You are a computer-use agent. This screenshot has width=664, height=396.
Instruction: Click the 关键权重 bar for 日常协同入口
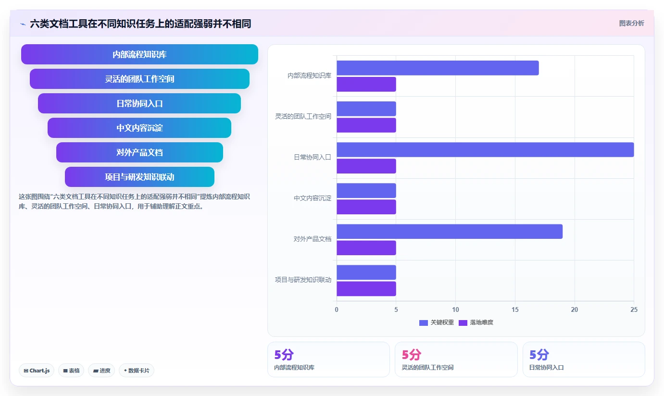tap(485, 149)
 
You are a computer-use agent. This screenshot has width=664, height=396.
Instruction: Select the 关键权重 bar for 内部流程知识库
tap(438, 68)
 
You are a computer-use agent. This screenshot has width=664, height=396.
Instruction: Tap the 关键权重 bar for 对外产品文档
tap(450, 231)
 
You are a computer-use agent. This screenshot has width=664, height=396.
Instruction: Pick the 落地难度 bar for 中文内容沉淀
tap(366, 207)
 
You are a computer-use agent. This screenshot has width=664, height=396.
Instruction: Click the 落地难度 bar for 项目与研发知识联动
tap(366, 289)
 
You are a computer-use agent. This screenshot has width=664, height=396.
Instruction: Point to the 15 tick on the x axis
tap(515, 309)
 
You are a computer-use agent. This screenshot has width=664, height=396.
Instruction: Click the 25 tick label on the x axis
tap(634, 309)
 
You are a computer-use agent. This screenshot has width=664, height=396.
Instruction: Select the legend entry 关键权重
tap(437, 322)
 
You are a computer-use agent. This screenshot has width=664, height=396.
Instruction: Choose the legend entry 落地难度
tap(476, 322)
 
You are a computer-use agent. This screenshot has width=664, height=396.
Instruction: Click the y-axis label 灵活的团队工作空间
tap(303, 116)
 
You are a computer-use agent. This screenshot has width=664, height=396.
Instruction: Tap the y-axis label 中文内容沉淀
tap(313, 198)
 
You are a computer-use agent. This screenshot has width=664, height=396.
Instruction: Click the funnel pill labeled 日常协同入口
tap(139, 103)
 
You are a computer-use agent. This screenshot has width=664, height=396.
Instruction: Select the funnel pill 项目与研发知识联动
tap(139, 177)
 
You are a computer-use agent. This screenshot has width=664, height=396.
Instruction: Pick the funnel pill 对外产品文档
tap(139, 152)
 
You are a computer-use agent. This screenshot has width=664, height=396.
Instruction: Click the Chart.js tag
tap(37, 371)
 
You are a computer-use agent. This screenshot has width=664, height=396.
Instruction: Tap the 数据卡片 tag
tap(137, 371)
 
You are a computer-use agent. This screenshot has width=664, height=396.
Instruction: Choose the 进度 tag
tap(101, 371)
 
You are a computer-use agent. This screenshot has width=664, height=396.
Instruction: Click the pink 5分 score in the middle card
tap(412, 354)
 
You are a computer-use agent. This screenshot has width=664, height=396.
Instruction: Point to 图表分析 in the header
tap(631, 23)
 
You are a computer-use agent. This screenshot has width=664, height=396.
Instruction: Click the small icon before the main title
tap(23, 24)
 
